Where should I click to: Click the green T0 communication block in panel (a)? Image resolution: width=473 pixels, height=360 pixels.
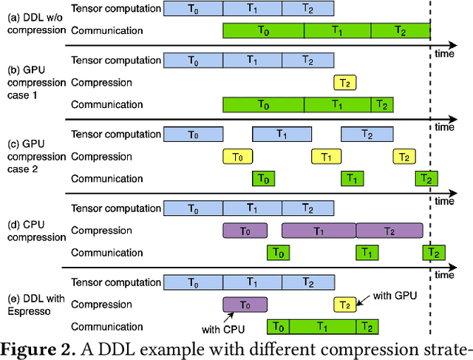pyautogui.click(x=263, y=31)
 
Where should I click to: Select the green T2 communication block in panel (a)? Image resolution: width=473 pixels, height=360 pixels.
pyautogui.click(x=400, y=31)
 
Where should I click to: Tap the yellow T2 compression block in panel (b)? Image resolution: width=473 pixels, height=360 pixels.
pyautogui.click(x=345, y=83)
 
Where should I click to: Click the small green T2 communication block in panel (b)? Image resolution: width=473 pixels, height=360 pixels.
pyautogui.click(x=381, y=105)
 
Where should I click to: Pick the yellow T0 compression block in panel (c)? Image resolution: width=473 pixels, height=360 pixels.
pyautogui.click(x=237, y=157)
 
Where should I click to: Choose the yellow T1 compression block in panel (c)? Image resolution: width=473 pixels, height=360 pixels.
pyautogui.click(x=326, y=157)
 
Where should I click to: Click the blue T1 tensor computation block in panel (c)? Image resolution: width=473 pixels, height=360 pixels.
pyautogui.click(x=282, y=134)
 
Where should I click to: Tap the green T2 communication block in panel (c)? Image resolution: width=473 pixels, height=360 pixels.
pyautogui.click(x=426, y=179)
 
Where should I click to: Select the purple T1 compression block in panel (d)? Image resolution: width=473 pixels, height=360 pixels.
pyautogui.click(x=319, y=231)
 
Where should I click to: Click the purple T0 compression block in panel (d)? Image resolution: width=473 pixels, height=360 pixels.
pyautogui.click(x=245, y=231)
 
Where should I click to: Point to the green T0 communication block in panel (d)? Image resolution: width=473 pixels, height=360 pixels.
pyautogui.click(x=278, y=253)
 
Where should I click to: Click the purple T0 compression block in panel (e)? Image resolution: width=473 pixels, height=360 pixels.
pyautogui.click(x=245, y=305)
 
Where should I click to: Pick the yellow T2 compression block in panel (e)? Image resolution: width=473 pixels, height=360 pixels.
pyautogui.click(x=344, y=305)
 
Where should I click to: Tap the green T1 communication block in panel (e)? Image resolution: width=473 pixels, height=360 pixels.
pyautogui.click(x=322, y=327)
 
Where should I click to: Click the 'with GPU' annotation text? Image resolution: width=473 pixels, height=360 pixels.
pyautogui.click(x=395, y=295)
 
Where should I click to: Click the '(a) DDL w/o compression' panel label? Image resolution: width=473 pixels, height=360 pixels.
pyautogui.click(x=34, y=20)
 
